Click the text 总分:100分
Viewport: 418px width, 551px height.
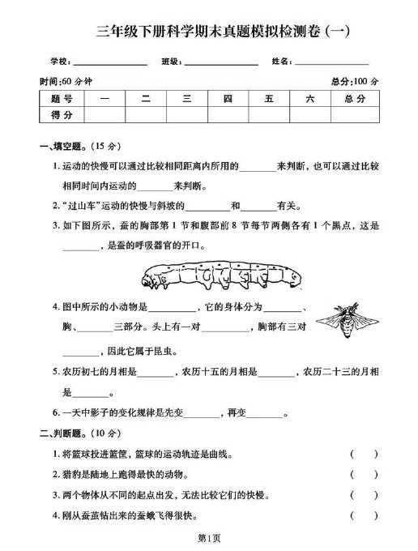pyautogui.click(x=355, y=81)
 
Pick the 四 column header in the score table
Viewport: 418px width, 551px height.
pyautogui.click(x=228, y=98)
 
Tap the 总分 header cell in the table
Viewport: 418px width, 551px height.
pyautogui.click(x=355, y=98)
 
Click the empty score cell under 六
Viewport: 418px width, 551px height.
pyautogui.click(x=309, y=115)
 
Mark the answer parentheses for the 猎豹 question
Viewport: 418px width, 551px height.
pyautogui.click(x=364, y=474)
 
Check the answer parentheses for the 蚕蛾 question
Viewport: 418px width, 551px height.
pyautogui.click(x=364, y=515)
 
